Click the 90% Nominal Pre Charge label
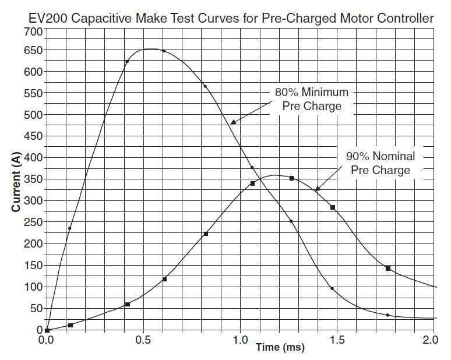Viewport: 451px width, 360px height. pyautogui.click(x=379, y=163)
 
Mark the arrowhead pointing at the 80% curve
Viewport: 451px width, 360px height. pyautogui.click(x=232, y=122)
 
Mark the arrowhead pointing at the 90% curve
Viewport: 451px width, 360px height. pyautogui.click(x=318, y=189)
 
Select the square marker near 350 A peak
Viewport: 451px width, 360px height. pyautogui.click(x=291, y=178)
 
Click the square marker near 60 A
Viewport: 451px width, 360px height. pyautogui.click(x=127, y=305)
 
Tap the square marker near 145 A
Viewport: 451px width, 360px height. pyautogui.click(x=388, y=269)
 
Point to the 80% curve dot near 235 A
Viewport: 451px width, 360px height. pyautogui.click(x=69, y=228)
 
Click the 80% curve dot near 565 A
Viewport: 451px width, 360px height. pyautogui.click(x=205, y=86)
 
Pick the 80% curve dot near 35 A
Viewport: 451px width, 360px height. pyautogui.click(x=387, y=315)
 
